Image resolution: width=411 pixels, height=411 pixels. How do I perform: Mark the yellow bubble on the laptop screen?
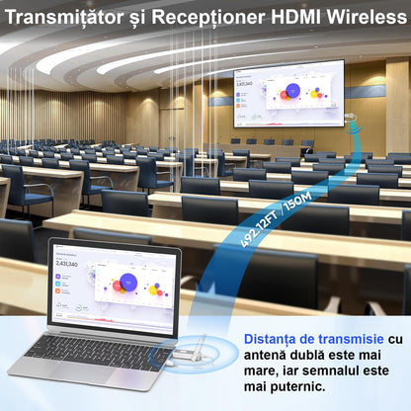[x=156, y=288]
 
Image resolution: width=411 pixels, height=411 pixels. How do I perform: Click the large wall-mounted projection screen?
[x=288, y=95]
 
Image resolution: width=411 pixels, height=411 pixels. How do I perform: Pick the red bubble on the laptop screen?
[x=119, y=288]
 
